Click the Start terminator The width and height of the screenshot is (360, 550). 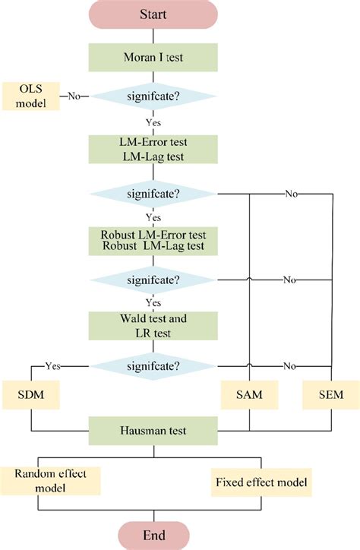[154, 15]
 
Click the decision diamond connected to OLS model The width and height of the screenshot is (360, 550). [154, 96]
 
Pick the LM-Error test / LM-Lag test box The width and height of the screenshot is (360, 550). [154, 148]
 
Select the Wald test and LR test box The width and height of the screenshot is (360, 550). [154, 324]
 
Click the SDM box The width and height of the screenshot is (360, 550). [31, 395]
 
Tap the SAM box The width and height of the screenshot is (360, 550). [250, 395]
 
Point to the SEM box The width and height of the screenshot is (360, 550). [331, 395]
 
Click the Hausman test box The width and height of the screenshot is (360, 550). [154, 430]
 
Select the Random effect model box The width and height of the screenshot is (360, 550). [51, 481]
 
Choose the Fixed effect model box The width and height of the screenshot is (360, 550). [263, 482]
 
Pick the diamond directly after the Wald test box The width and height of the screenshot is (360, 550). [154, 365]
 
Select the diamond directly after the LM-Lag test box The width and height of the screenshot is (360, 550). [154, 194]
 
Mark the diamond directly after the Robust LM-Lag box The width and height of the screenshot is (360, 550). [154, 280]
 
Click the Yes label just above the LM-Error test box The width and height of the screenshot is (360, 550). [154, 121]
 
